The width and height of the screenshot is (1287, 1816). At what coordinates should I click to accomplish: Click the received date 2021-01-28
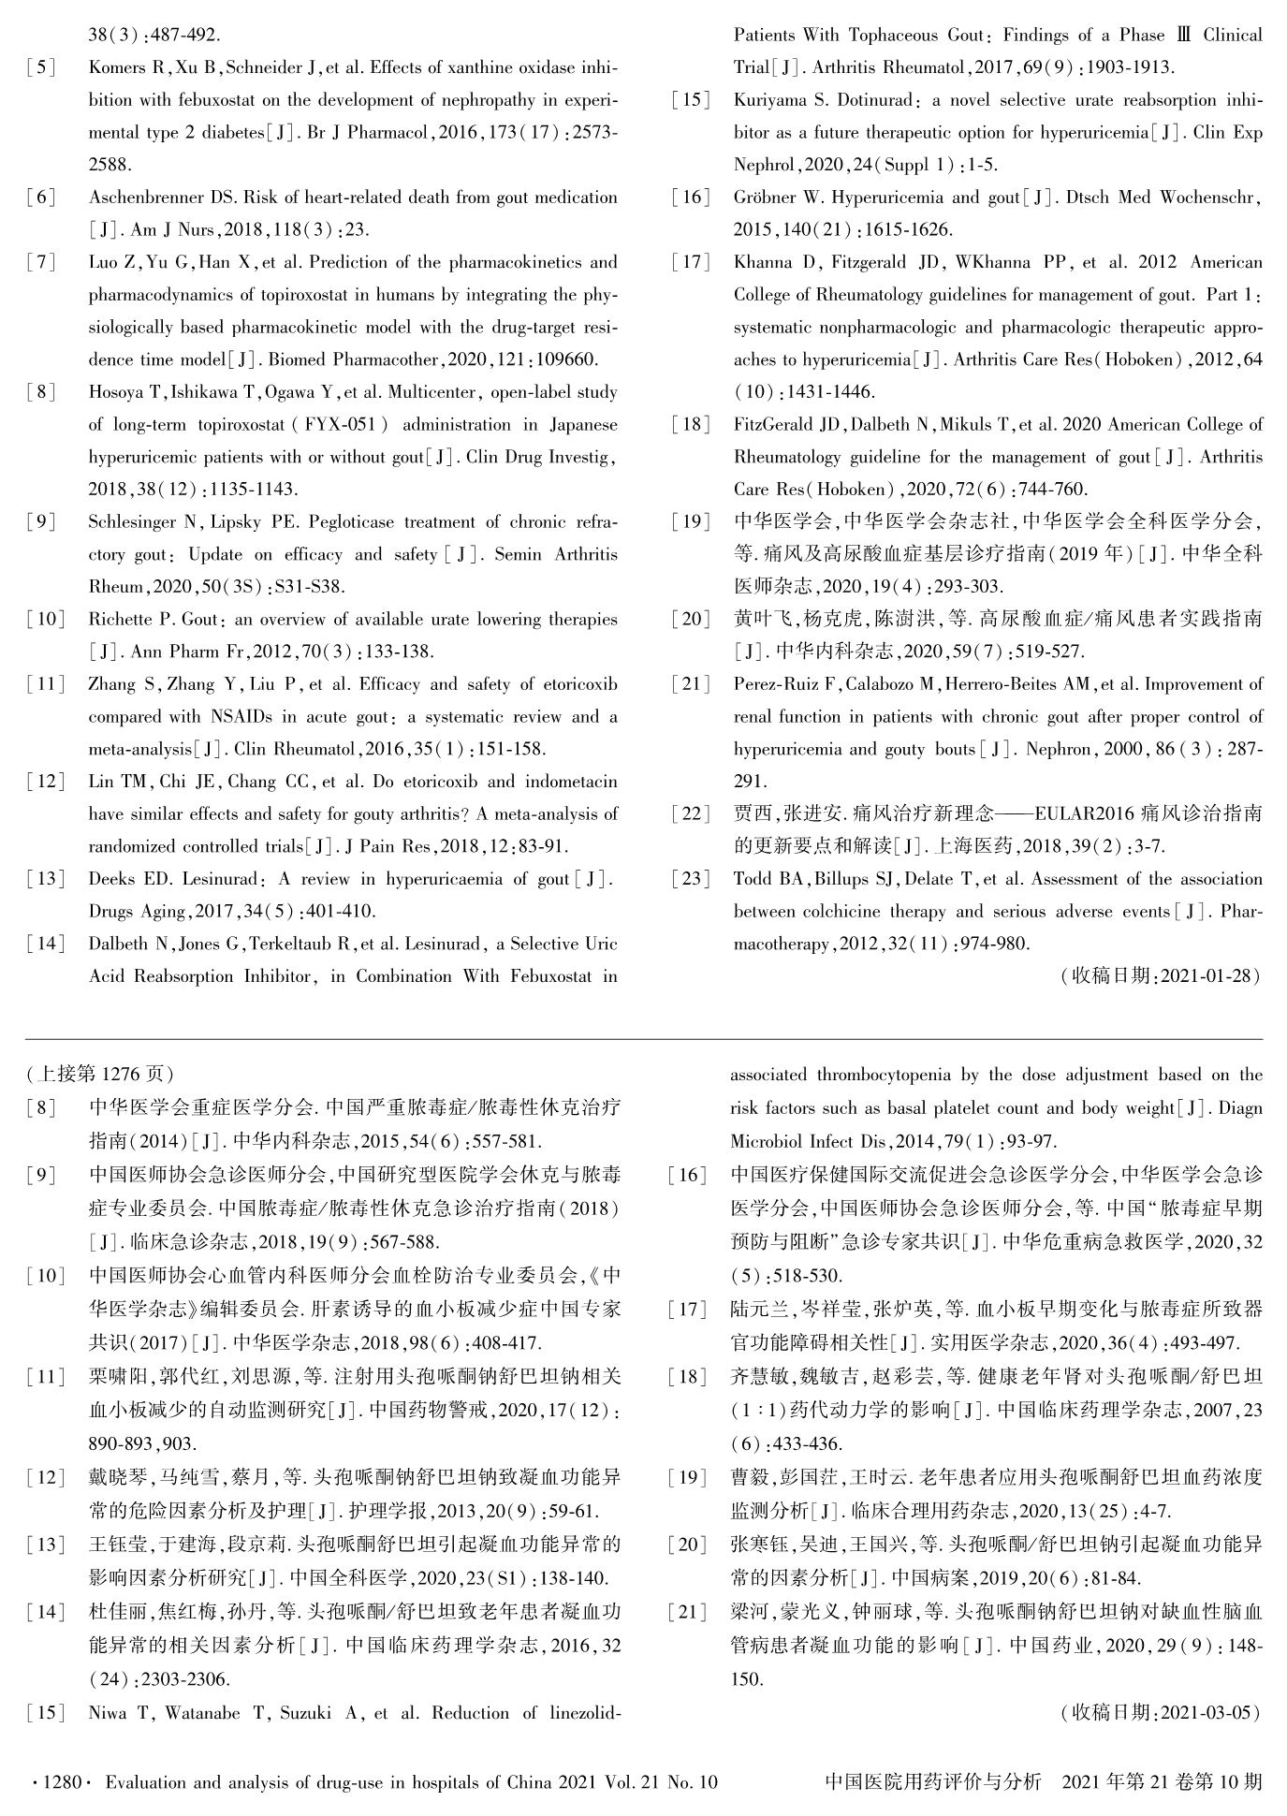[x=1206, y=975]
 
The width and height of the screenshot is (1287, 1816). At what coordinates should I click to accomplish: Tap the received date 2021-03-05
[x=1206, y=1712]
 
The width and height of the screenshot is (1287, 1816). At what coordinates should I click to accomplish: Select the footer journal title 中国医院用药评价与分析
[x=933, y=1781]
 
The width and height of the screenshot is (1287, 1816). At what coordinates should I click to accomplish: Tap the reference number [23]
[x=691, y=879]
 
